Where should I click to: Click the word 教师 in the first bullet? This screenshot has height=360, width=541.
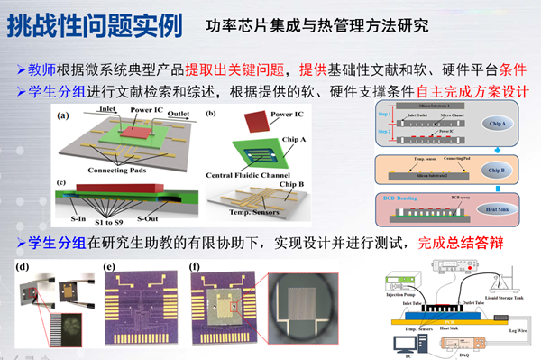click(x=42, y=71)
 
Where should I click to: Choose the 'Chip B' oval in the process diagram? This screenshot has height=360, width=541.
click(x=497, y=170)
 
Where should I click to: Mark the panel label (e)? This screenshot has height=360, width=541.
click(x=111, y=266)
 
